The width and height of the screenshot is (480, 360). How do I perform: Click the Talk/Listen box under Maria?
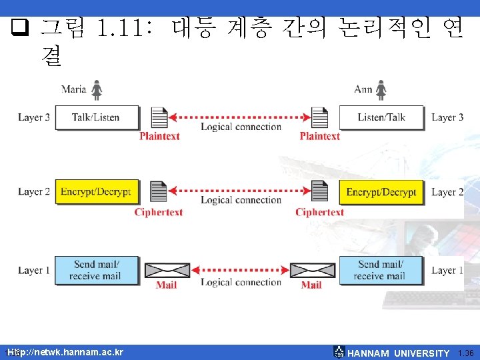click(x=96, y=117)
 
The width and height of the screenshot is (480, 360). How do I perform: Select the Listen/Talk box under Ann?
click(x=381, y=117)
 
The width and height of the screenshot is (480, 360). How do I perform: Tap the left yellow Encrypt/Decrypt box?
click(x=96, y=192)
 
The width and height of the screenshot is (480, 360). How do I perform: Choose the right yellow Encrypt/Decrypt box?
click(x=381, y=192)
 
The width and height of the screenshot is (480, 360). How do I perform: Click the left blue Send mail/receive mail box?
click(x=96, y=270)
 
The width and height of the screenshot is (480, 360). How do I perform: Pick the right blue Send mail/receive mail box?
click(x=381, y=270)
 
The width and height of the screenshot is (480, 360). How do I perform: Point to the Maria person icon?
click(x=97, y=90)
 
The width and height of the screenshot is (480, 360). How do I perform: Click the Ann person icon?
click(x=381, y=90)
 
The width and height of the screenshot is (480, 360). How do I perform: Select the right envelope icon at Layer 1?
click(x=311, y=270)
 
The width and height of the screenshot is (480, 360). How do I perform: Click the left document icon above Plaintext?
click(x=159, y=117)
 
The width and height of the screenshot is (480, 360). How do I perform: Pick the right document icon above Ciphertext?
click(x=320, y=192)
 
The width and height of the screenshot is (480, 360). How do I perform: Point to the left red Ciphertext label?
click(x=159, y=213)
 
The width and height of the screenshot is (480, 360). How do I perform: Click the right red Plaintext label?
click(x=320, y=136)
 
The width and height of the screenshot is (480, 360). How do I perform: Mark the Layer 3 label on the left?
click(x=34, y=117)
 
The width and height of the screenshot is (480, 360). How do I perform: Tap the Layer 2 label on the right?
click(x=448, y=192)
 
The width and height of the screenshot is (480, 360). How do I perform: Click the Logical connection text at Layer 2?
click(x=241, y=200)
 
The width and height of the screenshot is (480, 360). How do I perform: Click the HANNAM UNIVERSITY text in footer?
click(x=399, y=353)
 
